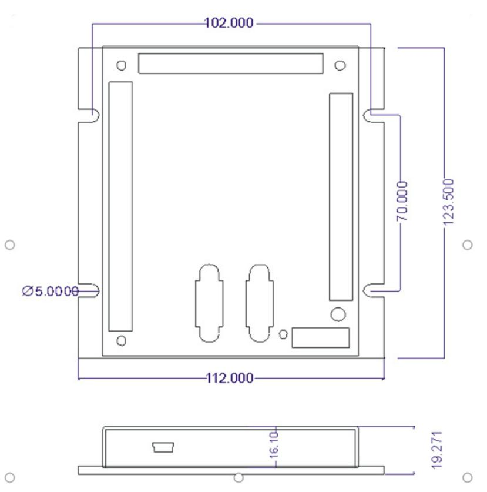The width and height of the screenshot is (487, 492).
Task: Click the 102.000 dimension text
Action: pyautogui.click(x=229, y=23)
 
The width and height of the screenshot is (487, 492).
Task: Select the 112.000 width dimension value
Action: pyautogui.click(x=229, y=378)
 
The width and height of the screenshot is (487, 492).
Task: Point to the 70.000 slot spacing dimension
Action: pyautogui.click(x=402, y=201)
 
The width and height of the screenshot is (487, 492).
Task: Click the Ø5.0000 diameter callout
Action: pyautogui.click(x=51, y=290)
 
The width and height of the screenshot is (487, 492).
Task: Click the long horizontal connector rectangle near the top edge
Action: pyautogui.click(x=230, y=63)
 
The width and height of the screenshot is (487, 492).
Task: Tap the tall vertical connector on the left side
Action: pyautogui.click(x=120, y=206)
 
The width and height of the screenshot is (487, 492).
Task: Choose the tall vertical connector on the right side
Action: pyautogui.click(x=341, y=196)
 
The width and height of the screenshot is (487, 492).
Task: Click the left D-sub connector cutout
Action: pyautogui.click(x=209, y=303)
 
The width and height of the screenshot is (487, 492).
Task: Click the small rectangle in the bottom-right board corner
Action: pyautogui.click(x=321, y=337)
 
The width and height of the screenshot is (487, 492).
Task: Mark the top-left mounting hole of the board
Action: pyautogui.click(x=122, y=65)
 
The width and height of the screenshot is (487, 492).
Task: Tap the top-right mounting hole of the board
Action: pyautogui.click(x=340, y=65)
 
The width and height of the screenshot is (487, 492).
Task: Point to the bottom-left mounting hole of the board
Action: pyautogui.click(x=122, y=341)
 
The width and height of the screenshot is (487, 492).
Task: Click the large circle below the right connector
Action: pyautogui.click(x=338, y=314)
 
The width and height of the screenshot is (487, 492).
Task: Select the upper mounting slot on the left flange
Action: pyautogui.click(x=93, y=115)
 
